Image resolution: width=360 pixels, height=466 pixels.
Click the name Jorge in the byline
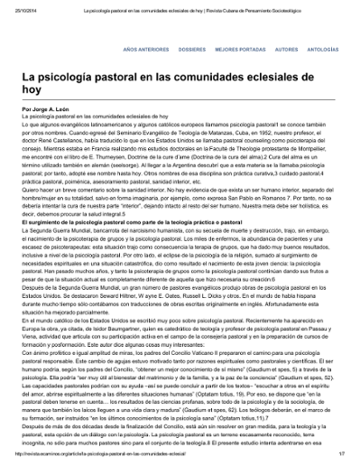(x=40, y=107)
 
